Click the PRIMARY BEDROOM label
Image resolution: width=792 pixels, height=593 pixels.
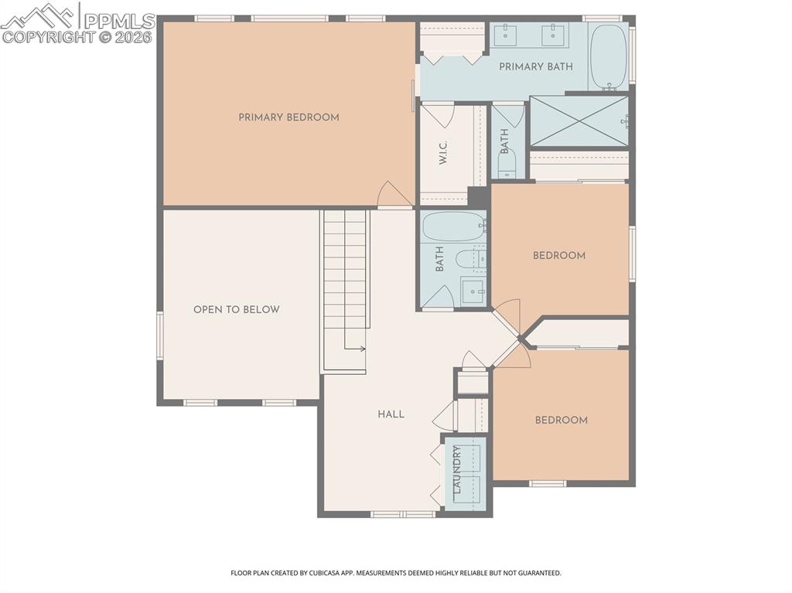point(288,118)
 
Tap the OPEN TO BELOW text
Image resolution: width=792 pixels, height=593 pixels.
point(236,309)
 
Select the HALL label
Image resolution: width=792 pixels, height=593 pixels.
point(391,414)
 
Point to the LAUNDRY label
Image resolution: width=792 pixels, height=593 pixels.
point(457,470)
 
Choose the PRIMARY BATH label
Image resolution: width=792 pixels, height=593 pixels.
point(535,66)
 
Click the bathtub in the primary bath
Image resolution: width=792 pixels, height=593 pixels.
point(608,56)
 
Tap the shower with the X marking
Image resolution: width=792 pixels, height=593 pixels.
point(579,121)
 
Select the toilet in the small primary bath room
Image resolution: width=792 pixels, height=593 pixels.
point(507,165)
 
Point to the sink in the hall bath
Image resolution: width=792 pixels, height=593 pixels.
point(473,291)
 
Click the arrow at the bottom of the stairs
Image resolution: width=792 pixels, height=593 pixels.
point(360,349)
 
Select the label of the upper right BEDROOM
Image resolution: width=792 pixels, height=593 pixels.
point(558,256)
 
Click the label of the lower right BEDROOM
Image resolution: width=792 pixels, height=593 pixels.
point(561,421)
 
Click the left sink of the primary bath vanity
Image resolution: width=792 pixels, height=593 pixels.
point(507,33)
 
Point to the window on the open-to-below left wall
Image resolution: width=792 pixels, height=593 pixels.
point(160,336)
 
